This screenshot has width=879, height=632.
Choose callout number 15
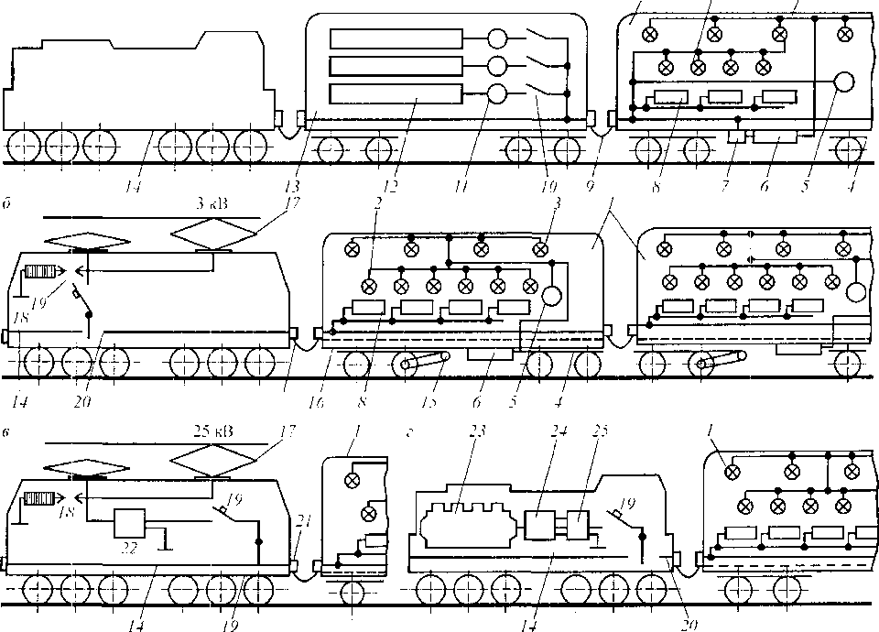click(x=433, y=399)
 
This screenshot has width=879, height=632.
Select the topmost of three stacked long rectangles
click(x=396, y=39)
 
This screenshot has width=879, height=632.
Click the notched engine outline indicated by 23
click(x=462, y=530)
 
